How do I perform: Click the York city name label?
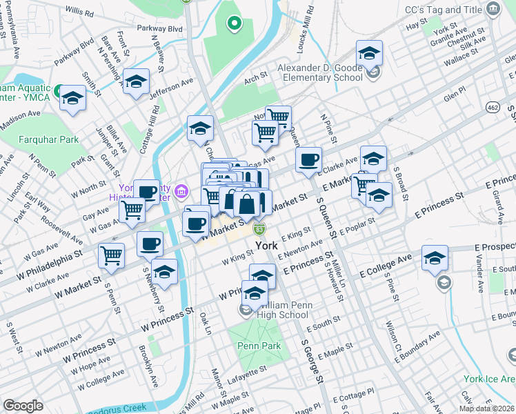267,246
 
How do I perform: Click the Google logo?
23,406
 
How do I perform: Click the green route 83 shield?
259,229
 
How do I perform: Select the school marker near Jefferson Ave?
137,82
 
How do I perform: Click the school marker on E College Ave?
435,259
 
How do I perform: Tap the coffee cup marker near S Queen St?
309,159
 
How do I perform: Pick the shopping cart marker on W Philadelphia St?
111,255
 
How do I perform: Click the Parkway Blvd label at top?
159,29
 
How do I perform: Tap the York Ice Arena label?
490,379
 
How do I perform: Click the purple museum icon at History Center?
181,190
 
